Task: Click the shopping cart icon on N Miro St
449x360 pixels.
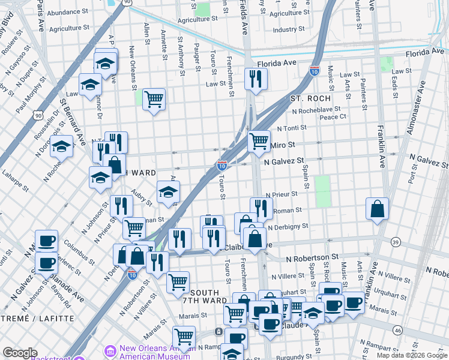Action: pyautogui.click(x=259, y=142)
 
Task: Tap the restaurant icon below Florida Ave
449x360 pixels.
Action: pyautogui.click(x=256, y=79)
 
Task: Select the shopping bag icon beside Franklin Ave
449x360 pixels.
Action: pyautogui.click(x=377, y=209)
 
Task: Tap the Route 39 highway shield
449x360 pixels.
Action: pyautogui.click(x=396, y=242)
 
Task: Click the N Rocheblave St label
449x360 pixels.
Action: pyautogui.click(x=316, y=110)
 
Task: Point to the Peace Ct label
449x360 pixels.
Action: pyautogui.click(x=333, y=117)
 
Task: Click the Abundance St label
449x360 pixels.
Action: pyautogui.click(x=67, y=12)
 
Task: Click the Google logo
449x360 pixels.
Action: pyautogui.click(x=20, y=353)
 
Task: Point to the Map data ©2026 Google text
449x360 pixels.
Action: pyautogui.click(x=411, y=355)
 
